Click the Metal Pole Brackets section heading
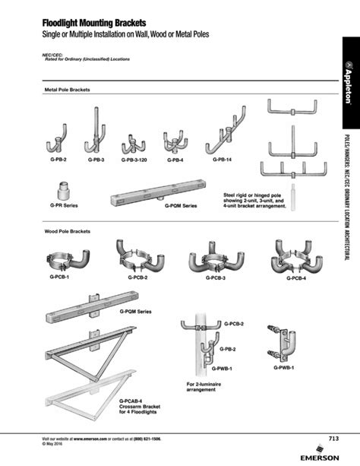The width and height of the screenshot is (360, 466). click(68, 90)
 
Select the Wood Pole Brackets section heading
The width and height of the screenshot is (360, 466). click(68, 229)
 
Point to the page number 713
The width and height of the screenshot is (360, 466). click(333, 438)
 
